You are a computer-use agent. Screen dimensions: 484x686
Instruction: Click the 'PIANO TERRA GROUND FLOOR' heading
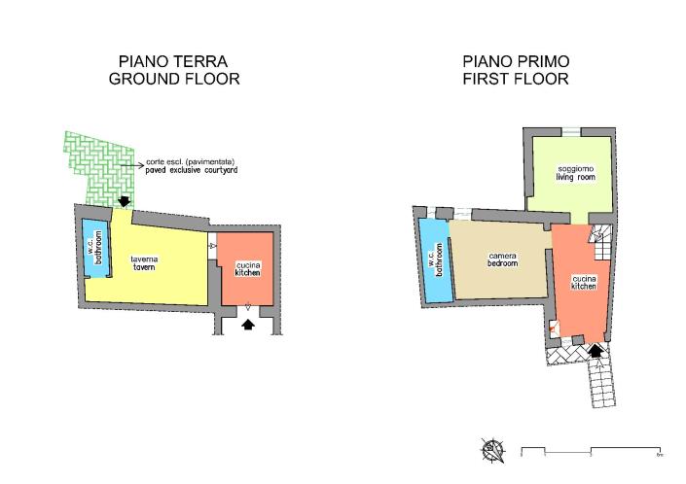point(174,69)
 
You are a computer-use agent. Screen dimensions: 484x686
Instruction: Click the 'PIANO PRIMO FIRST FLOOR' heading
point(516,69)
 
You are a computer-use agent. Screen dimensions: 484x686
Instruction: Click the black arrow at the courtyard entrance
point(124,201)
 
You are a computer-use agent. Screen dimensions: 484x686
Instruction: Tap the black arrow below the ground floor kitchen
point(247,326)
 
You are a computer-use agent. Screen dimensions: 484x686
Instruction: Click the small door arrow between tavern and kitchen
point(211,247)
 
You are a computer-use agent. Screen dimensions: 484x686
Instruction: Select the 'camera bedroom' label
point(502,259)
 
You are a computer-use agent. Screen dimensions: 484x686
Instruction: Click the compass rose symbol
point(495,450)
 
